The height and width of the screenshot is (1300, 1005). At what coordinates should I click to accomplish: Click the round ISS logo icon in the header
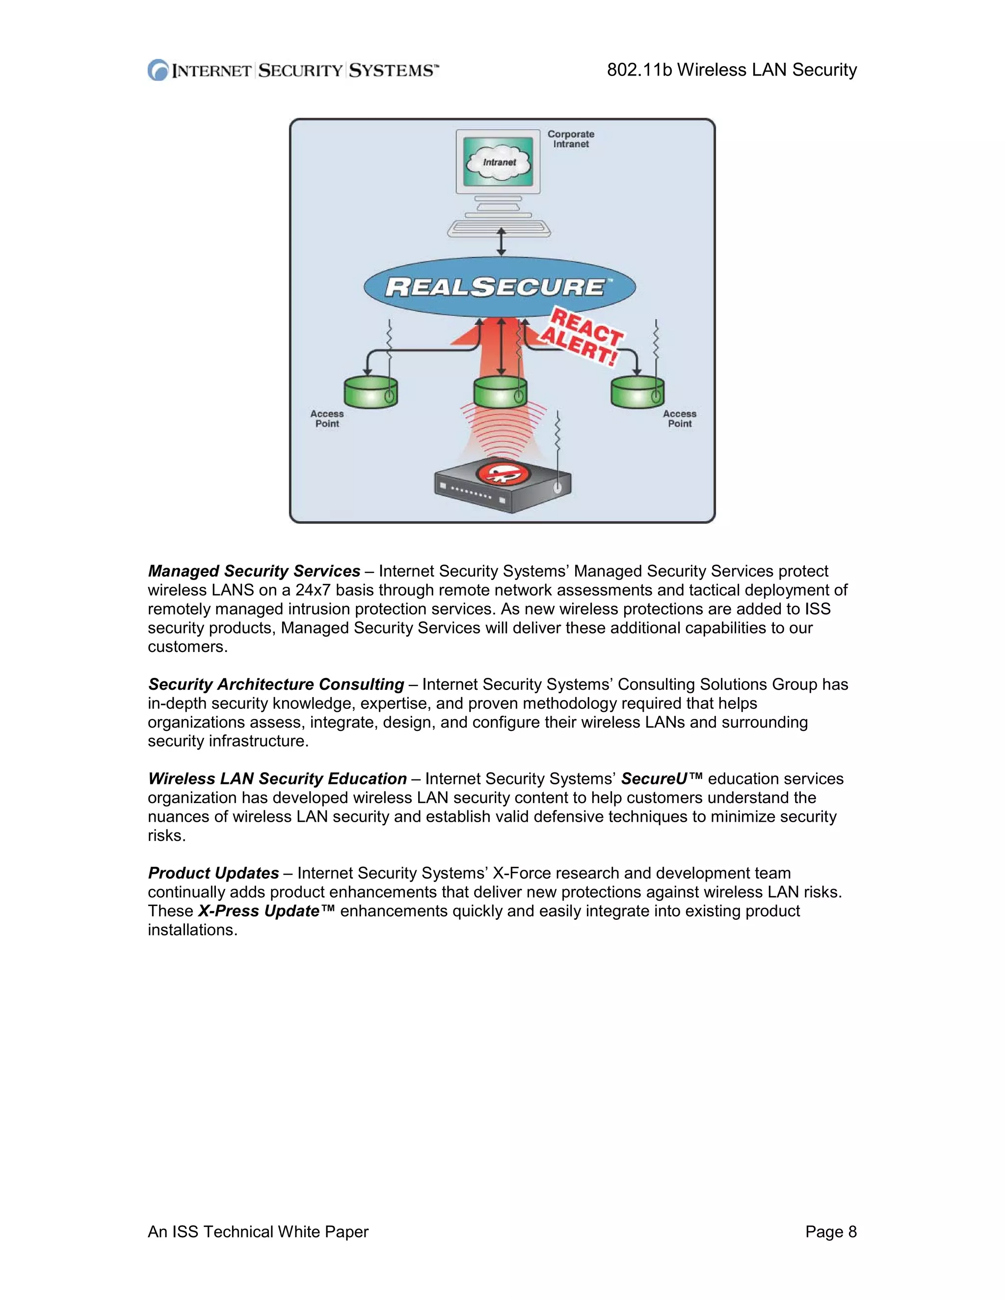(x=158, y=70)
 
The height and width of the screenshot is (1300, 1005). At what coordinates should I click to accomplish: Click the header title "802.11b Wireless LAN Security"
(x=731, y=70)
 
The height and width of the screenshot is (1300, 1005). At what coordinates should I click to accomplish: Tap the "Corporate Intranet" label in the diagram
(x=570, y=139)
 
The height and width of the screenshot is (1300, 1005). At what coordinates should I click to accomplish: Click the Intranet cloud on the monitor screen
(x=499, y=162)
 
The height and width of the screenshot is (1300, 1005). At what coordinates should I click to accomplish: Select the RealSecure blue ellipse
(x=499, y=287)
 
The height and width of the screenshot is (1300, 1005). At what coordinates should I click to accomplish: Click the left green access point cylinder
(x=370, y=392)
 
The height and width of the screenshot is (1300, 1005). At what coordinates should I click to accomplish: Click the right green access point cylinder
(x=636, y=392)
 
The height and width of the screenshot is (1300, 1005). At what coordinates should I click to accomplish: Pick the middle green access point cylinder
(x=500, y=392)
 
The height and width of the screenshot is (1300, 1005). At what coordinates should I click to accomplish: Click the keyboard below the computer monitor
(x=499, y=229)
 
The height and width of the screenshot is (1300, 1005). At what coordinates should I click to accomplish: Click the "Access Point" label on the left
(x=327, y=418)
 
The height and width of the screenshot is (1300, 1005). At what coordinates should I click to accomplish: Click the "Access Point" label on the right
(x=679, y=418)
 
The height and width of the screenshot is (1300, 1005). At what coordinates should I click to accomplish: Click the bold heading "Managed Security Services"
(x=254, y=571)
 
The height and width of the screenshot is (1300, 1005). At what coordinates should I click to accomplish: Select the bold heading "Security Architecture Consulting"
(x=276, y=684)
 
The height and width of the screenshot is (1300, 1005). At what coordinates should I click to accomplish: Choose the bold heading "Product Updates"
(x=213, y=873)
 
